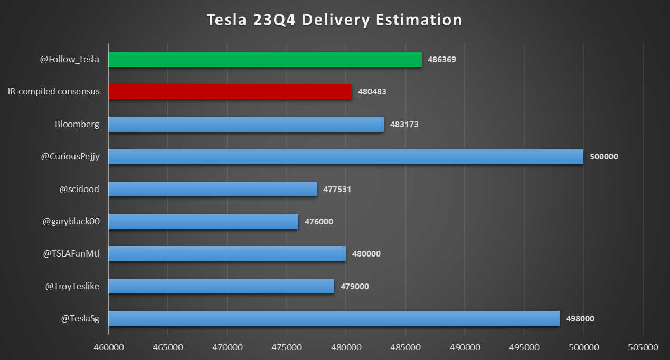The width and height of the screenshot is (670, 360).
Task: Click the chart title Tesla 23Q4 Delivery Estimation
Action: point(334,20)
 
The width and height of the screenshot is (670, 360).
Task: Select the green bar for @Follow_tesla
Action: point(265,60)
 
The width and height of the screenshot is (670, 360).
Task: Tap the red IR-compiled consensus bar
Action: point(230,92)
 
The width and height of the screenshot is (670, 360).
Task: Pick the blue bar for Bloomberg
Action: point(246,125)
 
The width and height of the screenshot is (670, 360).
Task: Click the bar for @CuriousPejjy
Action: point(346,157)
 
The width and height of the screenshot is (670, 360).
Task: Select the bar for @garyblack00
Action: point(203,222)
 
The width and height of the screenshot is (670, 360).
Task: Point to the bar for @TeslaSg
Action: point(334,319)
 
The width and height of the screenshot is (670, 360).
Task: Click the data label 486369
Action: point(442,60)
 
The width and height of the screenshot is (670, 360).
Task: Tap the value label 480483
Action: point(372,92)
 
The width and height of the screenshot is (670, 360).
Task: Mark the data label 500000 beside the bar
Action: point(603,157)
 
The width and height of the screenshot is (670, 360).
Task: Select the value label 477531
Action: point(337,190)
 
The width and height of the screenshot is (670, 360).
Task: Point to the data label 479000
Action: point(354,287)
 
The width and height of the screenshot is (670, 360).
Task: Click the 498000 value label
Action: point(580,319)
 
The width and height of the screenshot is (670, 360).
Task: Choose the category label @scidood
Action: point(79,189)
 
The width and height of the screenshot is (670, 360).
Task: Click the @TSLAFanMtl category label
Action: point(71,254)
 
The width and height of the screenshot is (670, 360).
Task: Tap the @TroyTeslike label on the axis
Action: point(72,286)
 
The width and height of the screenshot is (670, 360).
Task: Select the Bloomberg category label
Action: point(77,125)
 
